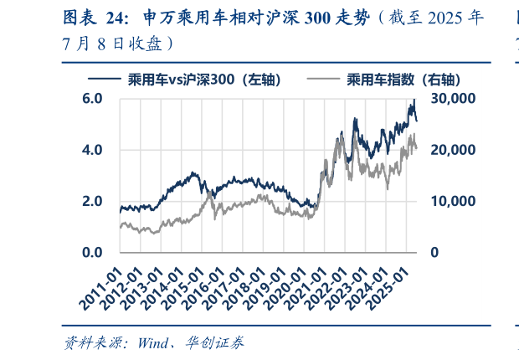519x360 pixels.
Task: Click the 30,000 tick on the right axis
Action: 452,99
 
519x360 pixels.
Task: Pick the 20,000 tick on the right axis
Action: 452,150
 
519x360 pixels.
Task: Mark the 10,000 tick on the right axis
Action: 452,201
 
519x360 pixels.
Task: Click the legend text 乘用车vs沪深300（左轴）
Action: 203,80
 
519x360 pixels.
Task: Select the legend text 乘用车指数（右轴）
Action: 400,80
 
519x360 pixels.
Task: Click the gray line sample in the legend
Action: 324,80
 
